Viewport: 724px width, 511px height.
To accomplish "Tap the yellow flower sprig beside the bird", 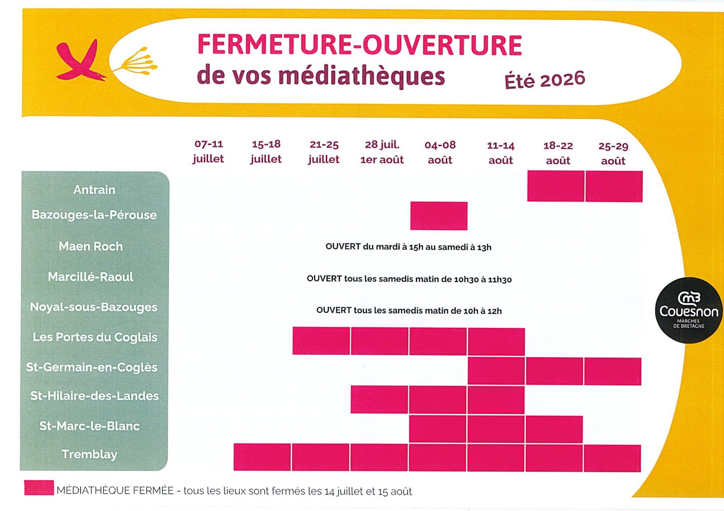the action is [x=136, y=61].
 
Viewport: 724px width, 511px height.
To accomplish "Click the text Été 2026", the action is [x=545, y=80].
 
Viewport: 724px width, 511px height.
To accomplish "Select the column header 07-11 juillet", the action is [x=208, y=151].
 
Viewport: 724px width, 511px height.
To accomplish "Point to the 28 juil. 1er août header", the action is [x=382, y=152].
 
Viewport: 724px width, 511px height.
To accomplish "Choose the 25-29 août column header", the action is [x=613, y=153].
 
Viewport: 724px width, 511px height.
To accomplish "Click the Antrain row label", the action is [x=94, y=190].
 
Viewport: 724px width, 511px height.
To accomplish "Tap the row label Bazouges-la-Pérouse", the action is [x=94, y=215].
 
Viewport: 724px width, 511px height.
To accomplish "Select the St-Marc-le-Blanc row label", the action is [x=89, y=426].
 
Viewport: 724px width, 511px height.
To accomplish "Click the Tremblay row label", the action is [x=89, y=454].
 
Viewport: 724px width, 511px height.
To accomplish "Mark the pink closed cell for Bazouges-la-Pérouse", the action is [x=439, y=216].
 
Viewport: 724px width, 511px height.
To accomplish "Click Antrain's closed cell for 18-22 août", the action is [x=556, y=186].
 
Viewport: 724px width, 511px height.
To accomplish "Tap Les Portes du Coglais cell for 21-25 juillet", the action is [x=321, y=341].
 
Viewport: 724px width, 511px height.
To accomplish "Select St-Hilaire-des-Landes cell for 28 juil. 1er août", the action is [x=379, y=399].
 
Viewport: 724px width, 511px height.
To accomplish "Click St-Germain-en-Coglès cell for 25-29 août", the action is [x=613, y=372].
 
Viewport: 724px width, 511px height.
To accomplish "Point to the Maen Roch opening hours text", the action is [x=408, y=247].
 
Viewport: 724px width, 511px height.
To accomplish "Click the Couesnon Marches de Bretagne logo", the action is [x=689, y=310].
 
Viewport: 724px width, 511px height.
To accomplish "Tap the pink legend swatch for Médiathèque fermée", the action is [x=39, y=488].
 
